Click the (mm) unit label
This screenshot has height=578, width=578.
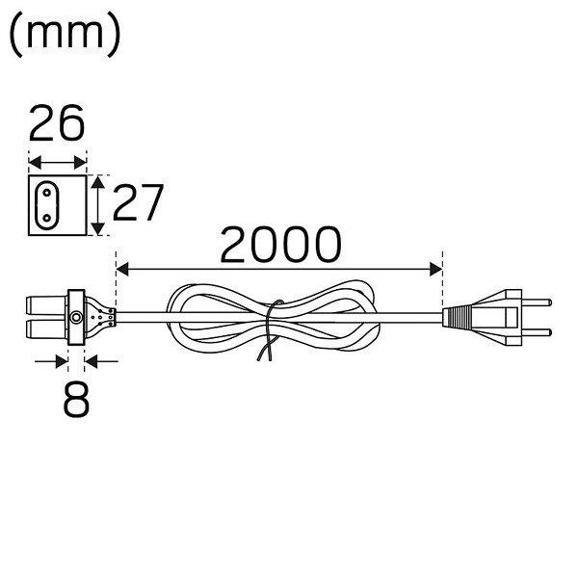(x=65, y=35)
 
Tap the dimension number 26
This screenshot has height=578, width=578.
(x=57, y=123)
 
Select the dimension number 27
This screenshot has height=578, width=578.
(x=138, y=202)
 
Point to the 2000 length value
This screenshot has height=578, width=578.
(x=280, y=245)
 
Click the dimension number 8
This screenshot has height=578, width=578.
(x=76, y=399)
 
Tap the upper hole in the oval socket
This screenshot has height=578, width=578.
(x=47, y=193)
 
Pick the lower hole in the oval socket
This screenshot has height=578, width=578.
(x=47, y=219)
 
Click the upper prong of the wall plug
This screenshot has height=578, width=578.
(x=537, y=302)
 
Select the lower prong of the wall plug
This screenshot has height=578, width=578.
(x=537, y=332)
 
